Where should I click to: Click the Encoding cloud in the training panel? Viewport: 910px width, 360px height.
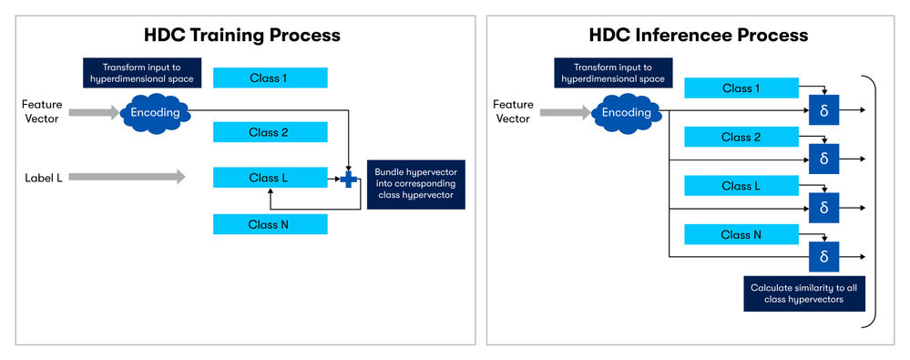(155, 112)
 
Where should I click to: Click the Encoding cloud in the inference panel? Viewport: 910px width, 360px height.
(628, 113)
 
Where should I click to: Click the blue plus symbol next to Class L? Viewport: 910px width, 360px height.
(348, 179)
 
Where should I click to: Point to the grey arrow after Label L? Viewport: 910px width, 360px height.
(127, 178)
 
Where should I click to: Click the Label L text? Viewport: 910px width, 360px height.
(44, 178)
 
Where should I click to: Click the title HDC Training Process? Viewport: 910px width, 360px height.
(242, 36)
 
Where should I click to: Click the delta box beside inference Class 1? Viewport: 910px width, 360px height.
(823, 109)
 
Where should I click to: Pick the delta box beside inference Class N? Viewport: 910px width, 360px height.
(823, 257)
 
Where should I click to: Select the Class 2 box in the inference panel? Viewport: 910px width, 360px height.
(741, 138)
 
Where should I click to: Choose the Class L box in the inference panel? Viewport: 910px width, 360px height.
(741, 187)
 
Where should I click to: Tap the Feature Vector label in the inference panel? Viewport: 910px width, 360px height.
(512, 112)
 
